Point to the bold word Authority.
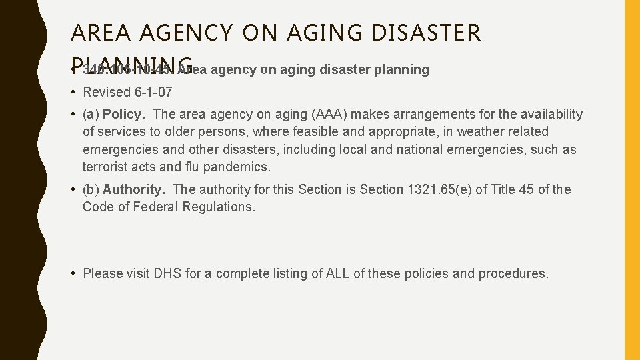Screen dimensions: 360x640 133,189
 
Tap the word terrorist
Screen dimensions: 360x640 106,167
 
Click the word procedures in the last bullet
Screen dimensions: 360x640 514,273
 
